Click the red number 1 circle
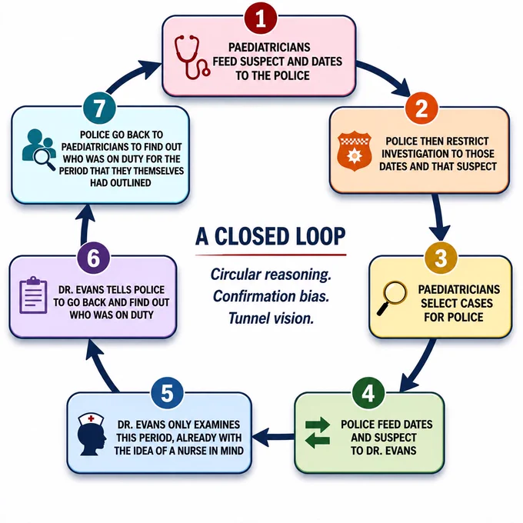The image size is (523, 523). [x=261, y=18]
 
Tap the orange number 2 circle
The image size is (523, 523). [x=421, y=108]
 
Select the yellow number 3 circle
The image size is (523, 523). [x=441, y=257]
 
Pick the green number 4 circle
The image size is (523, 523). [x=368, y=394]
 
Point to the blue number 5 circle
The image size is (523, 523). [x=167, y=394]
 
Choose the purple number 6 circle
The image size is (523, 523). [x=93, y=258]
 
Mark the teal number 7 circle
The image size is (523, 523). [x=99, y=108]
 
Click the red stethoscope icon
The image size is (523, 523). [x=192, y=58]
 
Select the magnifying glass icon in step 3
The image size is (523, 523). [x=391, y=298]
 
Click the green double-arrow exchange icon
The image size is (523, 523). [x=318, y=432]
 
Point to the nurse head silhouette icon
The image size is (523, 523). [x=92, y=435]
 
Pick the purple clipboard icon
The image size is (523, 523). [x=33, y=295]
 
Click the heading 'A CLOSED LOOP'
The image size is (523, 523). [x=271, y=236]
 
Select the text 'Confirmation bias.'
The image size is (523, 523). [x=271, y=296]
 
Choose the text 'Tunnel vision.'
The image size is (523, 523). [x=271, y=318]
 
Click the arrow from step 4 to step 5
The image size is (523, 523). [x=274, y=437]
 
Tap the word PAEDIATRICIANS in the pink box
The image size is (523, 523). [x=269, y=48]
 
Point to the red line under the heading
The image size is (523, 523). [x=271, y=255]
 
